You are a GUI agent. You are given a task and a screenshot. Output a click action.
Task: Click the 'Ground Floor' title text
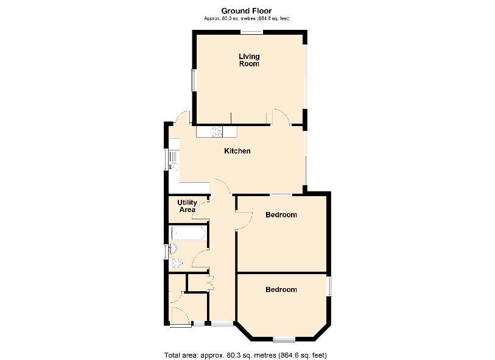pos(246,10)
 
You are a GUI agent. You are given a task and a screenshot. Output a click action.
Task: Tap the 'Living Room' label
pos(248,60)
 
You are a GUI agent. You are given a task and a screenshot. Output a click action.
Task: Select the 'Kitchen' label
pos(237,151)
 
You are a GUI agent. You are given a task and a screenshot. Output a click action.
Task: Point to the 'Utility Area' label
pos(187,206)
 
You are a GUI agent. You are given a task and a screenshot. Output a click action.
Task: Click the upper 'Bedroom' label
pos(281,215)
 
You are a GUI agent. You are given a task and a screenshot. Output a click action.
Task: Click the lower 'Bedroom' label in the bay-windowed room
pos(281,289)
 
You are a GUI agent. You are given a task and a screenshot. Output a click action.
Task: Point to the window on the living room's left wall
pos(194,80)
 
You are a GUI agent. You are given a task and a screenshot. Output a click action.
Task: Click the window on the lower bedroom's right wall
pos(329,286)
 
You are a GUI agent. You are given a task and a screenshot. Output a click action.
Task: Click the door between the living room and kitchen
pos(280,117)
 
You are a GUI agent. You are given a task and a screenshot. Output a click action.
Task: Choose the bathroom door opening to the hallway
pos(200,261)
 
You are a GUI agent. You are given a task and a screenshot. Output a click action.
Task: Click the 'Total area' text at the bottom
pos(247,355)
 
